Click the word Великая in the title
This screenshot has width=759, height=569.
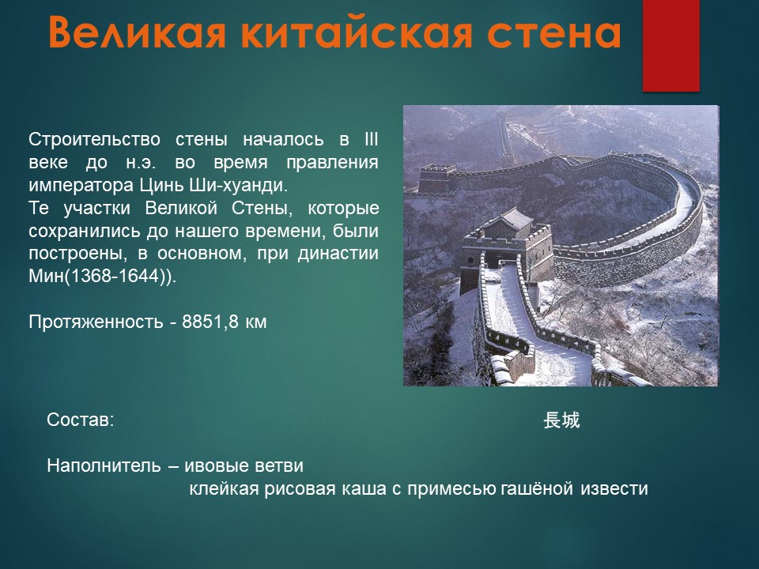pos(137,32)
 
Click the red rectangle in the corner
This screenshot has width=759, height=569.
pos(671,46)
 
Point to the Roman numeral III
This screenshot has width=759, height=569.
pos(370,139)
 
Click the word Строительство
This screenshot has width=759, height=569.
pos(94,139)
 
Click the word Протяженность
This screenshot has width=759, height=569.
pos(96,322)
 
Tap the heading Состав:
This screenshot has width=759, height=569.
pos(81,420)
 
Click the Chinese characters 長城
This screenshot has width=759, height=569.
pos(561,420)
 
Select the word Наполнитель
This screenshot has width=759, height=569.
pos(104,465)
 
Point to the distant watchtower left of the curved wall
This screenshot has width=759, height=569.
pos(436,179)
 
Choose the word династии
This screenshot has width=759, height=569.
pos(338,254)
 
